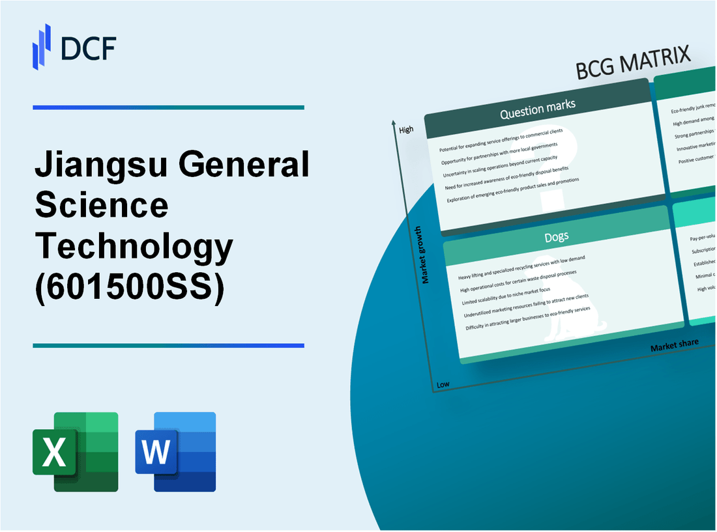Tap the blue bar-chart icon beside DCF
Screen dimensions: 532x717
pos(42,46)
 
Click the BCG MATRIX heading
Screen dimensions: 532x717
pos(632,64)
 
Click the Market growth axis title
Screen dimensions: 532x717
pos(426,255)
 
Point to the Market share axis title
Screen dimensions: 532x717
pos(674,344)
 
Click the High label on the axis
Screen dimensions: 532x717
pos(406,130)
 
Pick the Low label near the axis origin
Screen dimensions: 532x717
pos(443,384)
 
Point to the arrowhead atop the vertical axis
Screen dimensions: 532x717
pos(394,122)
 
